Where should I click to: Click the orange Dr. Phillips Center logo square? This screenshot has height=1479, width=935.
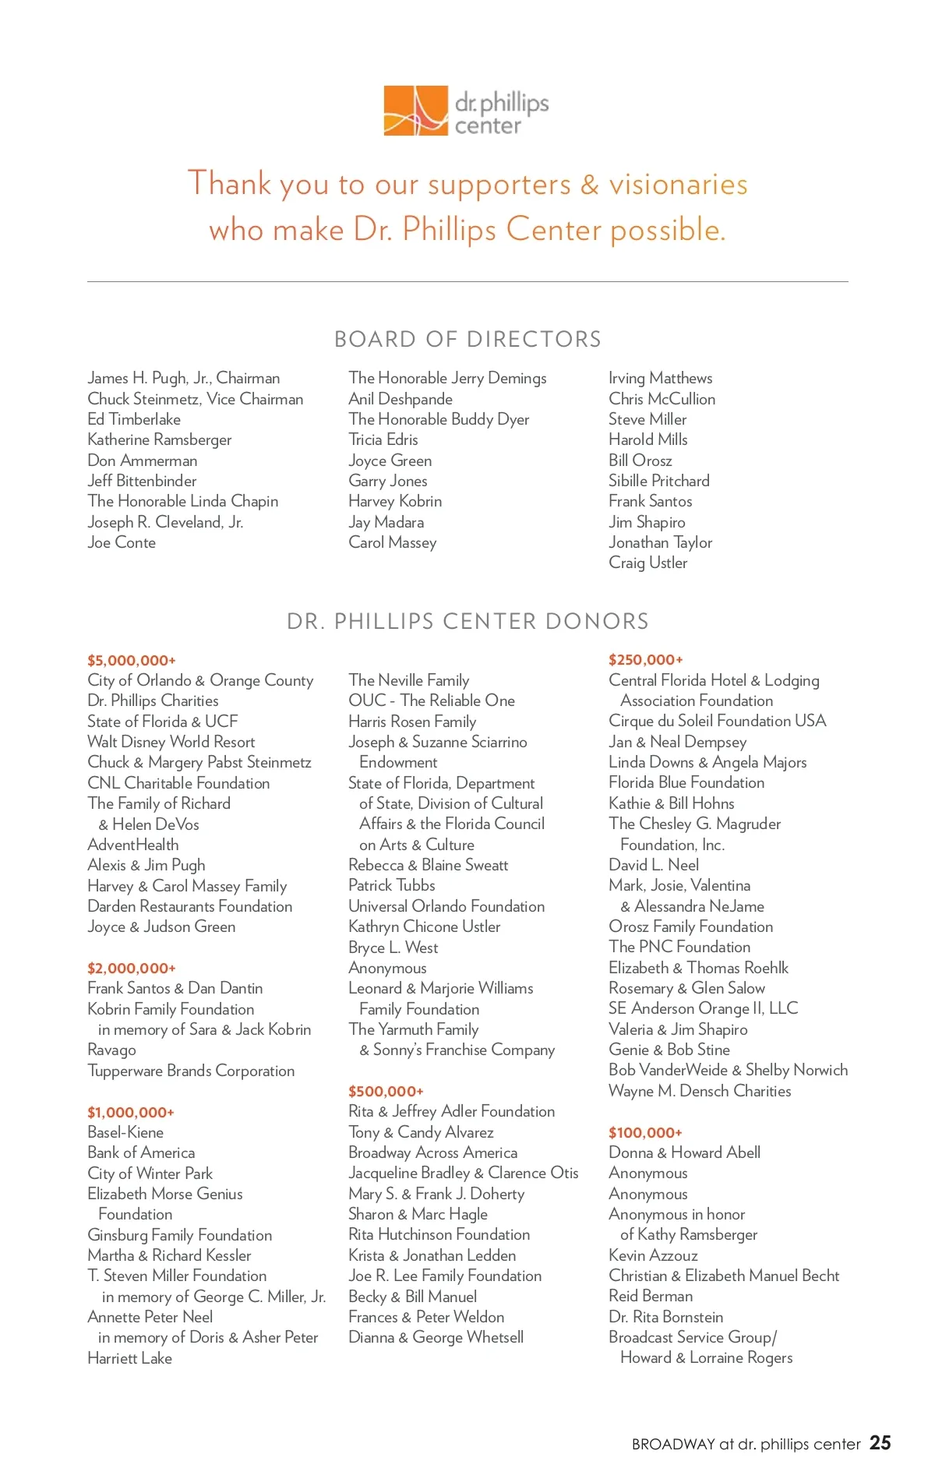415,111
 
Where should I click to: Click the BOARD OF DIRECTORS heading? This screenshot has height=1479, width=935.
467,340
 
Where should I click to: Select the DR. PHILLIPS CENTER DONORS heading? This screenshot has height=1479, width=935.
467,622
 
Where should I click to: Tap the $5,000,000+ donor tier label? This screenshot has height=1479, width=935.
132,661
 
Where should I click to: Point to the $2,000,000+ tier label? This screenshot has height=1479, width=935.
132,969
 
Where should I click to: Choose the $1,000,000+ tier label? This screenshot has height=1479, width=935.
131,1113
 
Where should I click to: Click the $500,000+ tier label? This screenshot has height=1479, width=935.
386,1092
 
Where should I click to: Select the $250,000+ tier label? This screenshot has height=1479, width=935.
646,660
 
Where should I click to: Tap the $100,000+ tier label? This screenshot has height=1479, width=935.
645,1133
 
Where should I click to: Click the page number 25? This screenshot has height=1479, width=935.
880,1443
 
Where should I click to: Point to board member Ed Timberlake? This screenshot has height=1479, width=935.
134,419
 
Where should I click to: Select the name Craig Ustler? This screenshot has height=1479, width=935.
648,563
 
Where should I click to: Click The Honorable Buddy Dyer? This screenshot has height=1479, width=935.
439,419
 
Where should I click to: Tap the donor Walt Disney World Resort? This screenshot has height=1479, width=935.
171,742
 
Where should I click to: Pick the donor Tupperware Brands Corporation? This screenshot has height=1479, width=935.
191,1071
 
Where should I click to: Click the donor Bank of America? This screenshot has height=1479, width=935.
141,1152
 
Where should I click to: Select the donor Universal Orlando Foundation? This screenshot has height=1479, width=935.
446,906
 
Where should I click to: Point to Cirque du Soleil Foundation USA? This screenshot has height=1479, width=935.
717,721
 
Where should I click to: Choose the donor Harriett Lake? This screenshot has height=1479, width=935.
129,1358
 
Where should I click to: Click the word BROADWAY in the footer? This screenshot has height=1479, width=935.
673,1444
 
